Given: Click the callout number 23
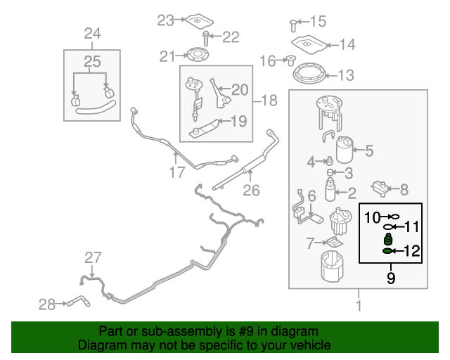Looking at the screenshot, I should click(x=165, y=20).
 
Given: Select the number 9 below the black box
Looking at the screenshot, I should click(x=391, y=278).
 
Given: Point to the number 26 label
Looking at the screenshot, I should click(x=251, y=189).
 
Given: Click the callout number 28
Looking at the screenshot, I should click(x=47, y=304).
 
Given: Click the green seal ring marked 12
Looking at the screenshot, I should click(x=387, y=250).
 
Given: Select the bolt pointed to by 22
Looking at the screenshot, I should click(x=206, y=37).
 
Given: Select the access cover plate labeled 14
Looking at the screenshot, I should click(x=310, y=44).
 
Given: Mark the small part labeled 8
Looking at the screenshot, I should click(x=380, y=188).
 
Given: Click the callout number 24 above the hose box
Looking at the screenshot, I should click(x=92, y=33).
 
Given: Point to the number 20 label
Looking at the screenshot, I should click(x=240, y=89).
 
